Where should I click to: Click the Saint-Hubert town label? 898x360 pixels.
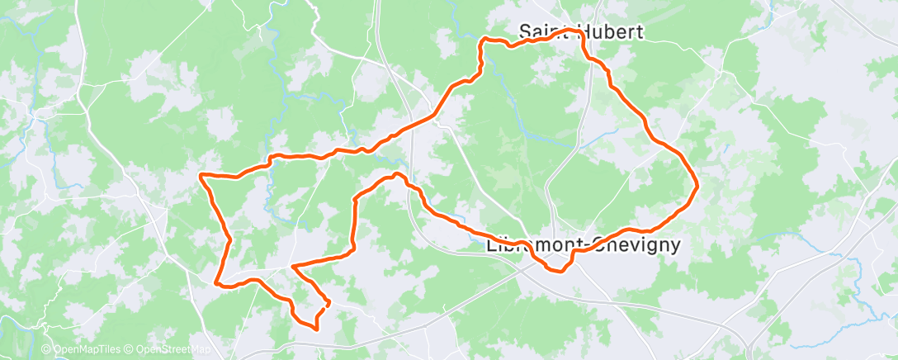point(580,31)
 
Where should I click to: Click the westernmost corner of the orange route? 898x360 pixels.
point(201,174)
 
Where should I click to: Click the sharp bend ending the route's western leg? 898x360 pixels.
point(216,282)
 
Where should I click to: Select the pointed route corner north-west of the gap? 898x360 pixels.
point(292,266)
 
